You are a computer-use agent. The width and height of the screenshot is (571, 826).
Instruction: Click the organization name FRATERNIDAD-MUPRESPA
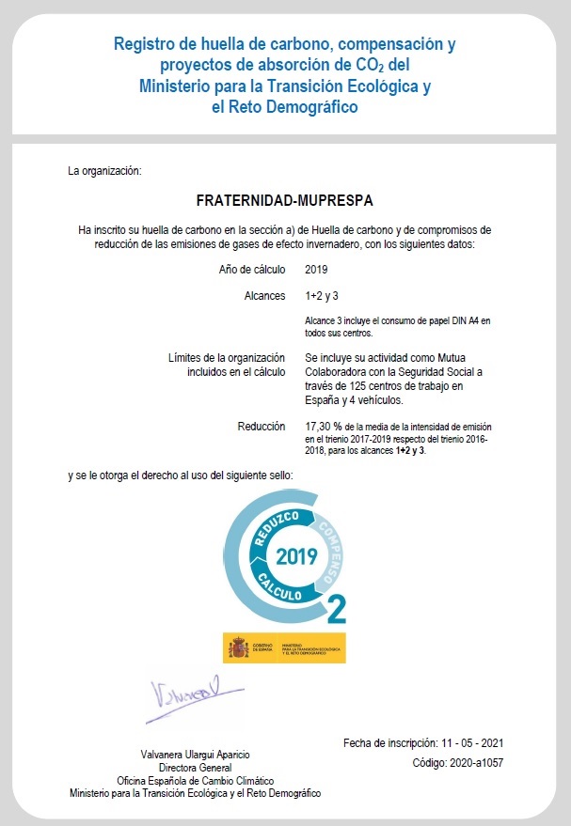tap(284, 200)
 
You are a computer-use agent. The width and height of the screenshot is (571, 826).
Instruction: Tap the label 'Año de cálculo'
tap(252, 270)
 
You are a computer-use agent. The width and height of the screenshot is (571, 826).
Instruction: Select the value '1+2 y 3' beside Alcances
tap(322, 296)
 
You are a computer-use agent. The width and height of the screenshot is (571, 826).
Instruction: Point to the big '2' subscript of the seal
tap(336, 608)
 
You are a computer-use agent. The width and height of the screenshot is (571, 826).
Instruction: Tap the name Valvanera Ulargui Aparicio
tap(195, 756)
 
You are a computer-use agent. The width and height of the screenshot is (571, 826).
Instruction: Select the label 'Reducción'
tap(262, 426)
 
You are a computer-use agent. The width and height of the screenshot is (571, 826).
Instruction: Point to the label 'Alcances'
tap(264, 296)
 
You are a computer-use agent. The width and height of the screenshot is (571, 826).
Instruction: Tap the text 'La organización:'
tap(103, 171)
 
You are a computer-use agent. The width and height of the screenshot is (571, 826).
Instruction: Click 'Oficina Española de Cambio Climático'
tap(195, 781)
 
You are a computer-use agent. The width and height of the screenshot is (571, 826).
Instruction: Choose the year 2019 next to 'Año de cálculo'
tap(316, 270)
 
